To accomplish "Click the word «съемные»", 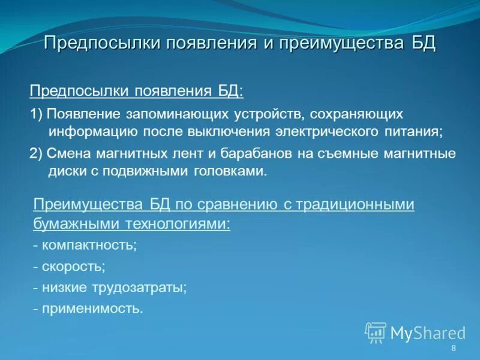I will [x=347, y=153].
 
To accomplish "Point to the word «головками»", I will [x=230, y=170].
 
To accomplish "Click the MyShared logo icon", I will [x=375, y=332].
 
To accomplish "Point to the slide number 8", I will [x=453, y=349].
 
